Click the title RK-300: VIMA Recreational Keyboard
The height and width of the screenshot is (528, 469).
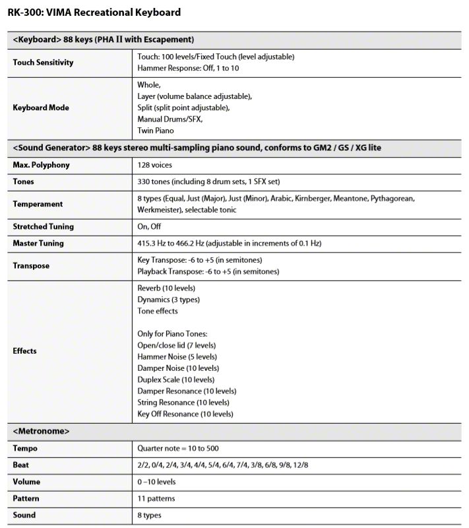pyautogui.click(x=94, y=13)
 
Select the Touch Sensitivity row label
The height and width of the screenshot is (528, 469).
pyautogui.click(x=43, y=63)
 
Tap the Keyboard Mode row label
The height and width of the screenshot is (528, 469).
pyautogui.click(x=41, y=108)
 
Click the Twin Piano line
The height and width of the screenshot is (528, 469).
pyautogui.click(x=156, y=131)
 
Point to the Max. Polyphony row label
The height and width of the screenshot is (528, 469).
pyautogui.click(x=41, y=164)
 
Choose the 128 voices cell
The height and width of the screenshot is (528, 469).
pyautogui.click(x=156, y=164)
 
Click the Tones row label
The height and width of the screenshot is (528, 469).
pyautogui.click(x=24, y=181)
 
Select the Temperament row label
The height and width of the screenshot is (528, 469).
pyautogui.click(x=38, y=204)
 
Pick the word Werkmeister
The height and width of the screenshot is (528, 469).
pyautogui.click(x=159, y=210)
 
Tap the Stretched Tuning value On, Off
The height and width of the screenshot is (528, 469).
pyautogui.click(x=149, y=226)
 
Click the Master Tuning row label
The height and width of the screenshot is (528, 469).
pyautogui.click(x=38, y=244)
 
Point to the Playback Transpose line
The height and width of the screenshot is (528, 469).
pyautogui.click(x=208, y=272)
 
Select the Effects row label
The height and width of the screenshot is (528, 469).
pyautogui.click(x=25, y=351)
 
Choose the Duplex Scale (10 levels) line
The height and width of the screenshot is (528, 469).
pyautogui.click(x=175, y=379)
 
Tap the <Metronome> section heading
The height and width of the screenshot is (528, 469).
pyautogui.click(x=41, y=432)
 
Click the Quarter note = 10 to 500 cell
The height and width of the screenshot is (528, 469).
pyautogui.click(x=179, y=449)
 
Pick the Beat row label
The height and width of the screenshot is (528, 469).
pyautogui.click(x=20, y=465)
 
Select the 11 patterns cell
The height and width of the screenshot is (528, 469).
pyautogui.click(x=156, y=498)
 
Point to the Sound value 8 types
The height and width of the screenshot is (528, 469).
pyautogui.click(x=149, y=515)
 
